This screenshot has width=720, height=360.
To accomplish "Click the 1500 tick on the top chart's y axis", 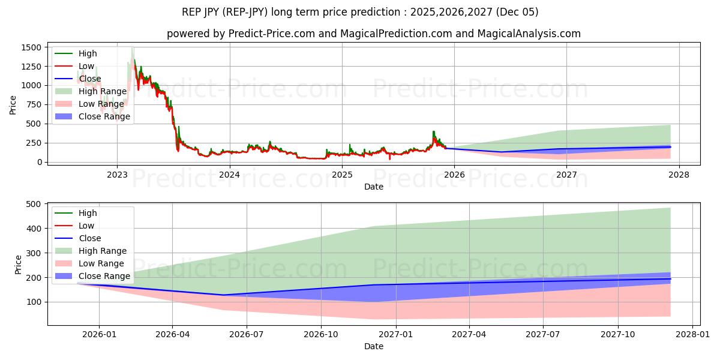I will (31, 47).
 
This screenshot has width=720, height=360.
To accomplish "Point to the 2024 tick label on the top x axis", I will (230, 175).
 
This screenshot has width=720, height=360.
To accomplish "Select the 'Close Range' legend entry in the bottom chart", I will (104, 276).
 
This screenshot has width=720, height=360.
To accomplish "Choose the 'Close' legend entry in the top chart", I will (90, 79).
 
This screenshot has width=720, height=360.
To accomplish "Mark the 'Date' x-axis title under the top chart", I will (373, 187).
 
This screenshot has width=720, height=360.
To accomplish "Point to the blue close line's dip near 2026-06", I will (224, 295).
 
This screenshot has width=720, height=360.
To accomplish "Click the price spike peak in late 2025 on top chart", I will (433, 131).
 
